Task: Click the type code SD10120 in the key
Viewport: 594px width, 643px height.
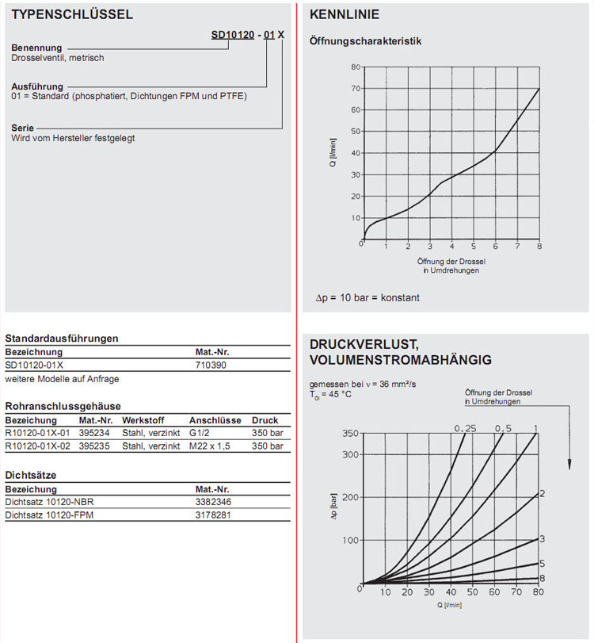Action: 234,35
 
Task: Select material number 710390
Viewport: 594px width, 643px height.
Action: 210,366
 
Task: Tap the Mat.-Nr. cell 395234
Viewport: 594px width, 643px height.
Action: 95,433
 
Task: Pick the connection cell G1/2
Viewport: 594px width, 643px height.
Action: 201,433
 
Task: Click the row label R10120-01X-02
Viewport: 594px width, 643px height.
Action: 38,446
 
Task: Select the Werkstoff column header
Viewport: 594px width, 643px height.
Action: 143,420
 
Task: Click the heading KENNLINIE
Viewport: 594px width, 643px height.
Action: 345,14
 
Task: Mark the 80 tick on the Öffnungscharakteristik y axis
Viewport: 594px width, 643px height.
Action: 356,67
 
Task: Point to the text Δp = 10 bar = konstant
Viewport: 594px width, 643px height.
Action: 367,298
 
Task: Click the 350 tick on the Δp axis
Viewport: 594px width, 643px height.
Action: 349,434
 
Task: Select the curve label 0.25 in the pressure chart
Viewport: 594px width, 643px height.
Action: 465,428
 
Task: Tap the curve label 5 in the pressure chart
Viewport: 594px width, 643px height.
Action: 542,564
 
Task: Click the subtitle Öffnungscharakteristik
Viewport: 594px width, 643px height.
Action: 365,40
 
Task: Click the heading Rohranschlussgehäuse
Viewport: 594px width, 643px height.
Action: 63,406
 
